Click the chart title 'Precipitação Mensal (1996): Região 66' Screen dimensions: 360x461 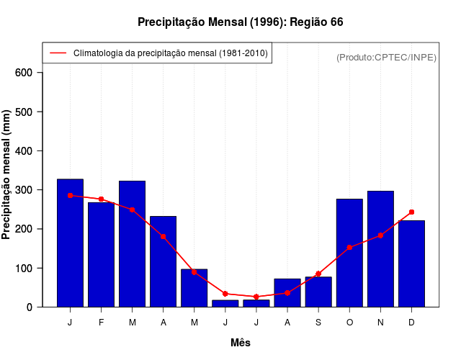pyautogui.click(x=240, y=22)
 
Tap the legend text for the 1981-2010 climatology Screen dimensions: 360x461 pyautogui.click(x=170, y=53)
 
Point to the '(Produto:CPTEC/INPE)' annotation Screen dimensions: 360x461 pyautogui.click(x=386, y=58)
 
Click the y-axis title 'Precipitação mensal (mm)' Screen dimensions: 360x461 pyautogui.click(x=6, y=174)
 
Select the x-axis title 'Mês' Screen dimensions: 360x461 pyautogui.click(x=241, y=343)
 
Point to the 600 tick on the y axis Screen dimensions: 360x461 pyautogui.click(x=24, y=73)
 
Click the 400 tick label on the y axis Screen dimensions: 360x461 pyautogui.click(x=24, y=150)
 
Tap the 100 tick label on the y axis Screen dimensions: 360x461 pyautogui.click(x=24, y=268)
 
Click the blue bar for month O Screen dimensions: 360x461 pyautogui.click(x=349, y=253)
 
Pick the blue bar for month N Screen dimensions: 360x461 pyautogui.click(x=380, y=248)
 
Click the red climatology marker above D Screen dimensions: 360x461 pyautogui.click(x=411, y=212)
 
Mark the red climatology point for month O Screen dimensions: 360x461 pyautogui.click(x=349, y=247)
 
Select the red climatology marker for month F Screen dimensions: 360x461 pyautogui.click(x=101, y=199)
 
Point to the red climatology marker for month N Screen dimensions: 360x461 pyautogui.click(x=380, y=235)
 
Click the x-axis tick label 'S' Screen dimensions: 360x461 pyautogui.click(x=318, y=323)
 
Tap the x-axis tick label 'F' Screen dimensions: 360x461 pyautogui.click(x=101, y=323)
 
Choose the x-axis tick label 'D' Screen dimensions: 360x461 pyautogui.click(x=411, y=323)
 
